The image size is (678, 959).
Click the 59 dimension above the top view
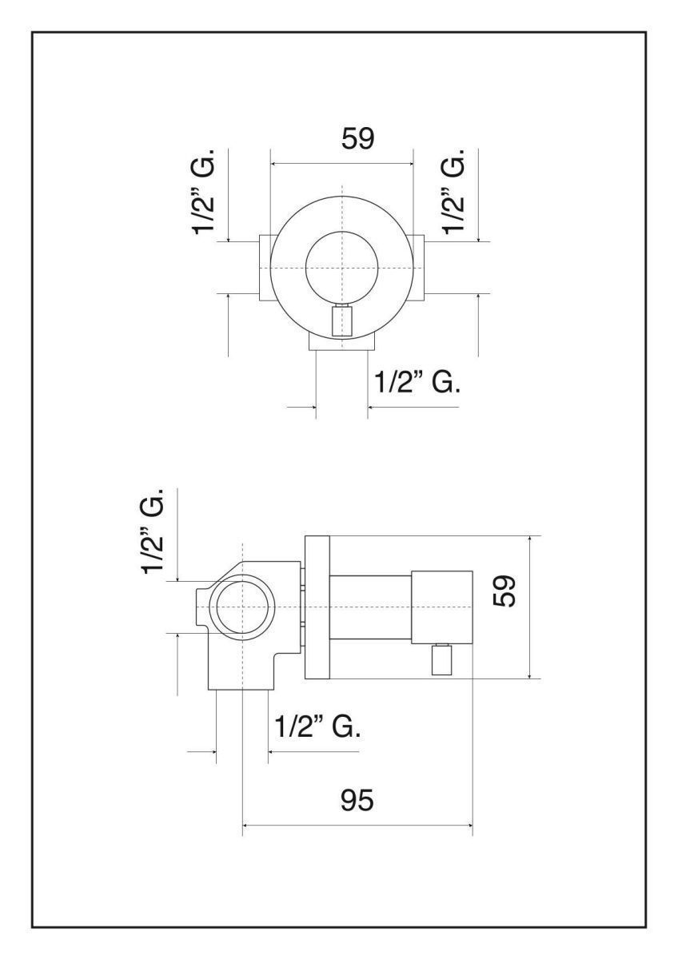357,138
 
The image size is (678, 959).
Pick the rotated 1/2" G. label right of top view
454,191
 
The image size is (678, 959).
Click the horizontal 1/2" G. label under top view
417,382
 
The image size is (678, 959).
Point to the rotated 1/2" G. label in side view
152,531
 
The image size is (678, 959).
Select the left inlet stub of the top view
265,268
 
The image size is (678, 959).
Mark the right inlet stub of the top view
417,268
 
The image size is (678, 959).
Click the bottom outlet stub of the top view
341,344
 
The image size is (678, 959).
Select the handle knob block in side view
441,607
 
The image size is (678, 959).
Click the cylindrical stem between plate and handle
370,607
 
